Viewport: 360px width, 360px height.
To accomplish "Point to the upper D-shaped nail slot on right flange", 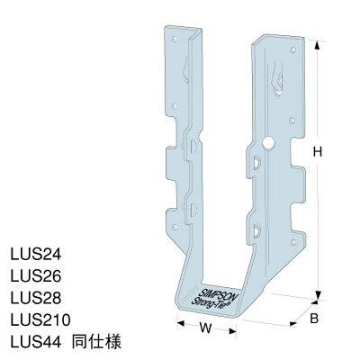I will (258, 163).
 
